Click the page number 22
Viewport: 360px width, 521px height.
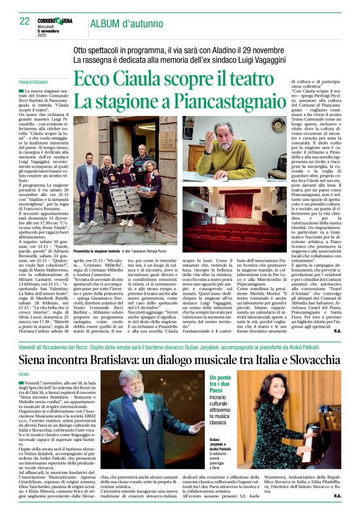[25, 21]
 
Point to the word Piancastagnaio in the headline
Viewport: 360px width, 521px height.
[225, 100]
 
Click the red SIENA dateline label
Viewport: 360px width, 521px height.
[24, 375]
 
